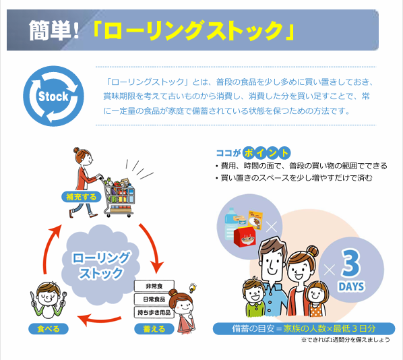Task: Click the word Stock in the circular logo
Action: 53,96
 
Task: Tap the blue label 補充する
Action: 82,197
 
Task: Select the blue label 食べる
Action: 49,329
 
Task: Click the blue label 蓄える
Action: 154,329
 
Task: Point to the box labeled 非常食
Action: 154,286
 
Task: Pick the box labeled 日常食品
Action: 154,299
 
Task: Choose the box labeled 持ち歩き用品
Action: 154,312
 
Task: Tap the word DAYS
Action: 351,287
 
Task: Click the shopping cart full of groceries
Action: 119,196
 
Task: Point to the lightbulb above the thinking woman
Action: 193,287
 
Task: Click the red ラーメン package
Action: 245,237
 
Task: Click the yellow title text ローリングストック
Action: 193,30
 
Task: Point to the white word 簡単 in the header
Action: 50,30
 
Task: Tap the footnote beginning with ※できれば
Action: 345,340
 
